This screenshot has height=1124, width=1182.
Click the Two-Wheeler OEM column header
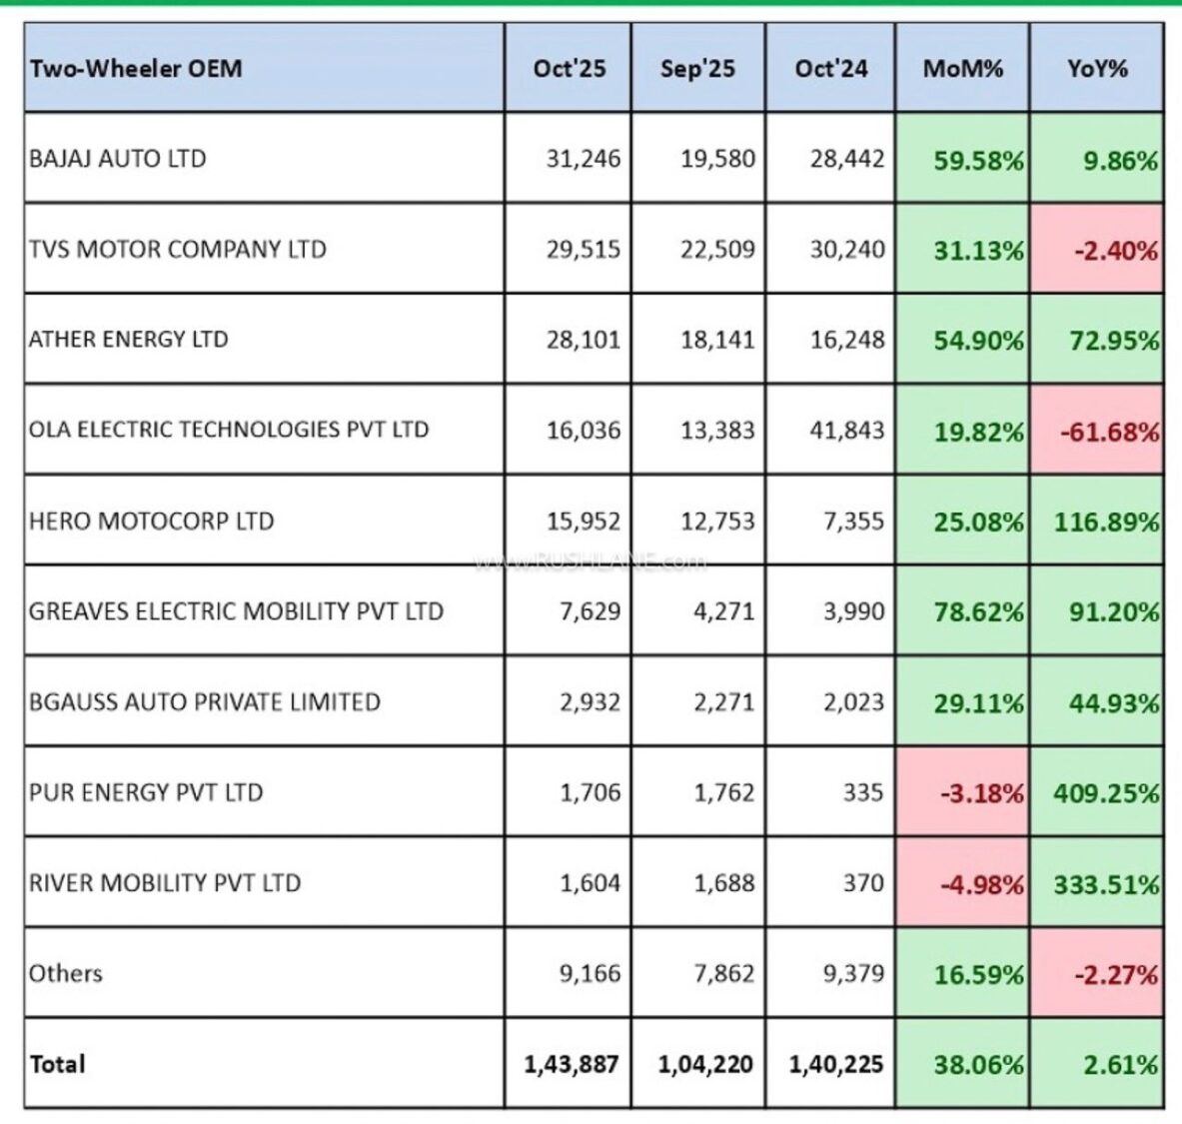point(136,69)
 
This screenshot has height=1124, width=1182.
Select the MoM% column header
point(962,69)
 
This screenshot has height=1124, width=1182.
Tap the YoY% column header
point(1096,69)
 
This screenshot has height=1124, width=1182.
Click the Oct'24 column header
point(830,69)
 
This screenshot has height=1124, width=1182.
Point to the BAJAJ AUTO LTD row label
point(118,159)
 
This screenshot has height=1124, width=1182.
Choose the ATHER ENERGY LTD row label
point(128,340)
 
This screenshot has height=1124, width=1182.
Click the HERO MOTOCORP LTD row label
point(151,522)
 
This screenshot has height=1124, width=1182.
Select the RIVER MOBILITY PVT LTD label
point(165,883)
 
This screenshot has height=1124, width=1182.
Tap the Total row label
point(58,1064)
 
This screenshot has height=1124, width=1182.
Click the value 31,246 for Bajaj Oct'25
point(583,159)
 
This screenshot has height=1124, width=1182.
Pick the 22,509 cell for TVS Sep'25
point(717,249)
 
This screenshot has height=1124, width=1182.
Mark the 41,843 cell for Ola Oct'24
point(846,431)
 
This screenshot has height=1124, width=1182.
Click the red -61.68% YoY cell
point(1116,432)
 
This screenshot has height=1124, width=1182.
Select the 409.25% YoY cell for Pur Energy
point(1106,793)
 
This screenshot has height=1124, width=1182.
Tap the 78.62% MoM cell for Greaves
point(978,612)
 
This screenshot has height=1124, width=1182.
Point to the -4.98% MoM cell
point(981,884)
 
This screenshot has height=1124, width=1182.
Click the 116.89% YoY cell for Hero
point(1106,522)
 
